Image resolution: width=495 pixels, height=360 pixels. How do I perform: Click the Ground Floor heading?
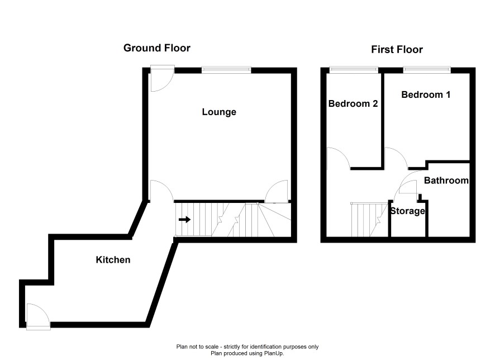click(156, 48)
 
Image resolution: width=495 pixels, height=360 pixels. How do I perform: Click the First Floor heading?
click(397, 50)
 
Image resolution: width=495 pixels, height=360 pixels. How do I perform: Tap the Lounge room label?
click(219, 112)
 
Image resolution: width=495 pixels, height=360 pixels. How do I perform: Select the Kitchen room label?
click(113, 260)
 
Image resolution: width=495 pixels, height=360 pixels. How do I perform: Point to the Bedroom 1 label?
click(426, 94)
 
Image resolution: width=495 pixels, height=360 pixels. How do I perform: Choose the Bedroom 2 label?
click(353, 103)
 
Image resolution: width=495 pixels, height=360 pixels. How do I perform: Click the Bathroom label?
click(446, 181)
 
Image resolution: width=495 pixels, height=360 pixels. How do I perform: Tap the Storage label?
click(407, 211)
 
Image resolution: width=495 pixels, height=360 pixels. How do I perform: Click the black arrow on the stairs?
click(185, 220)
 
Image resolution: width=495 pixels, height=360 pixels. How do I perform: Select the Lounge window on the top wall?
click(226, 70)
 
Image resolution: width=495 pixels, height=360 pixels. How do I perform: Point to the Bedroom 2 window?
click(354, 70)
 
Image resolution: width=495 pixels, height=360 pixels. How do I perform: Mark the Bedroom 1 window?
click(427, 70)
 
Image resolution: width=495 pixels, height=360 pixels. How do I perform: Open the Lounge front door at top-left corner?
click(162, 78)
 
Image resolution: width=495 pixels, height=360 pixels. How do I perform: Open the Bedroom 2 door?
click(339, 158)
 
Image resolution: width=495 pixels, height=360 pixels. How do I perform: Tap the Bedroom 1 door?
click(396, 158)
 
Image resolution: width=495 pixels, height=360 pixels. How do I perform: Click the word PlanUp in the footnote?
click(274, 353)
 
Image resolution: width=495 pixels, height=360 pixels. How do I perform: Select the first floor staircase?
click(369, 220)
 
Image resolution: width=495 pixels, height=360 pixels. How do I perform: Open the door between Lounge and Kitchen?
click(161, 191)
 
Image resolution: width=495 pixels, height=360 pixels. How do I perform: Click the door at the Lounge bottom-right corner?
click(277, 191)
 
